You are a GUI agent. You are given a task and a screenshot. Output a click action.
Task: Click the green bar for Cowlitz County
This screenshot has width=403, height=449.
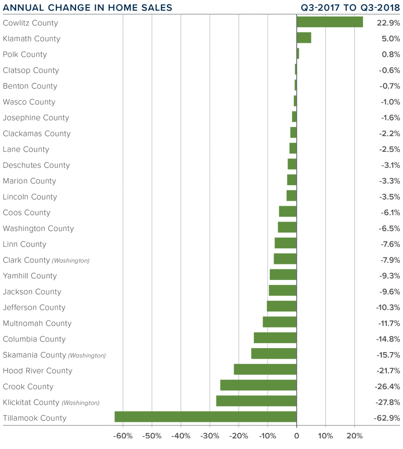329,22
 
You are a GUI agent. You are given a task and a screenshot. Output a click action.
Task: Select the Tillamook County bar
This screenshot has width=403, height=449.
206,417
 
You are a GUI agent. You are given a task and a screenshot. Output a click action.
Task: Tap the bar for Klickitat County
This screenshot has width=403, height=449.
256,401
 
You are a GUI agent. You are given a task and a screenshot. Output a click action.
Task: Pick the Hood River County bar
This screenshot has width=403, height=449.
265,370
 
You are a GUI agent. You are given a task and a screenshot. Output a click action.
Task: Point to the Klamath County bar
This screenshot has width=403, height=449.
304,38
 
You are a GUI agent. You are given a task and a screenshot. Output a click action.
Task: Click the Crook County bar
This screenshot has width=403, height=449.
258,385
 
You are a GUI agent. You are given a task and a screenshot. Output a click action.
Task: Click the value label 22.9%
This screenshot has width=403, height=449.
388,23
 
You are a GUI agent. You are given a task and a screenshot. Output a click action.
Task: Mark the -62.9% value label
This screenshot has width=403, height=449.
387,418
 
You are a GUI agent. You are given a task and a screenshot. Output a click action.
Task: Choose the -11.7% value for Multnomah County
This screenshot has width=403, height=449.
388,323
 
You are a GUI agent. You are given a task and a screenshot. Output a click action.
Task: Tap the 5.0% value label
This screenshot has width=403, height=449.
390,38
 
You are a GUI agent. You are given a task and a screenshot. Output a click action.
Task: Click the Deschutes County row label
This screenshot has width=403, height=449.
36,165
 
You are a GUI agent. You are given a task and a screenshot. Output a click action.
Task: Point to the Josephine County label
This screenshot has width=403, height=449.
36,118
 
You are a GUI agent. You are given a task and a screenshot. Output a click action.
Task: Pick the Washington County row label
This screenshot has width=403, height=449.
38,228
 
